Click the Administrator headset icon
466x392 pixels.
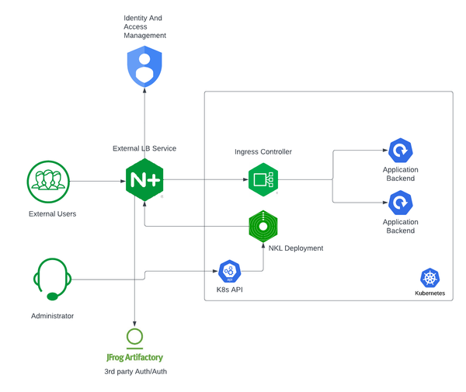click(52, 279)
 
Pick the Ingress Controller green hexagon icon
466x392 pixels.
click(263, 180)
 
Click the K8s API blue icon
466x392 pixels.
click(229, 271)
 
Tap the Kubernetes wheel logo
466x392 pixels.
click(429, 279)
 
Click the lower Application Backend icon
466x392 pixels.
click(400, 203)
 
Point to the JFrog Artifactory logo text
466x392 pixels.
click(134, 358)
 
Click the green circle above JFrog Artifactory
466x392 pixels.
click(135, 337)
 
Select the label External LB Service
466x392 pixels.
click(144, 148)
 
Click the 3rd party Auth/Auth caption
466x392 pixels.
click(135, 373)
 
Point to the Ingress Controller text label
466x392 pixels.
click(263, 152)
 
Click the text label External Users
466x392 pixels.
click(52, 213)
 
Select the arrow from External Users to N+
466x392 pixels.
click(97, 181)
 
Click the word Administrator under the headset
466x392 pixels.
click(52, 316)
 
